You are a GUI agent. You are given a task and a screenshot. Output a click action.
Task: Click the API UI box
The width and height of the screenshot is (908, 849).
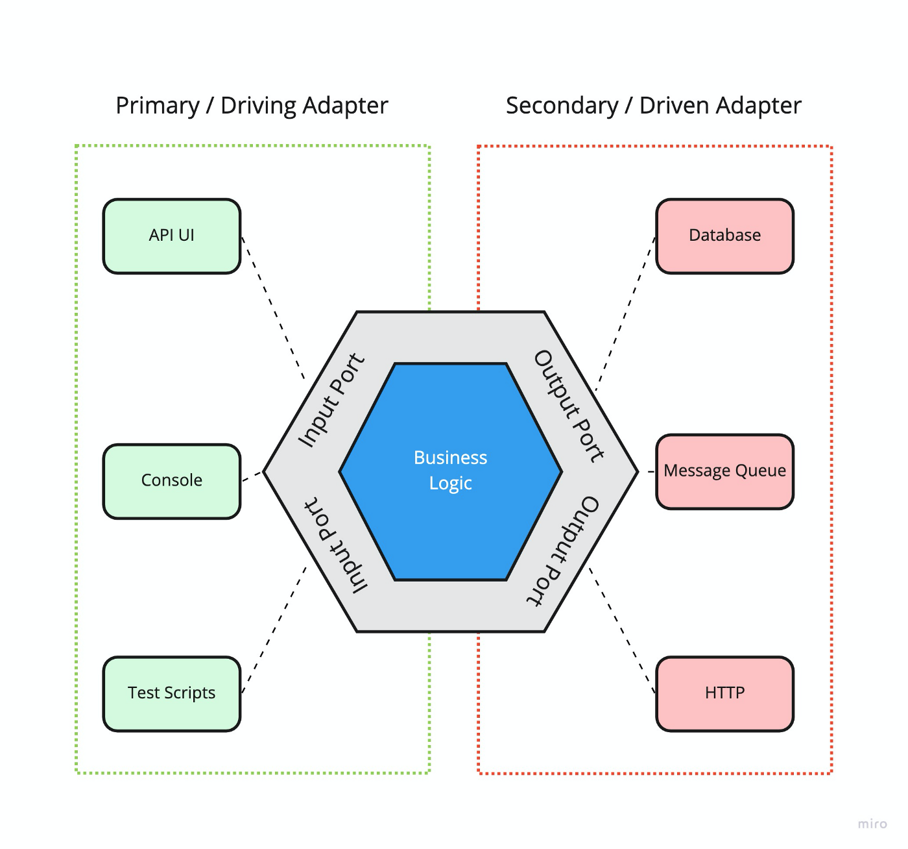click(172, 236)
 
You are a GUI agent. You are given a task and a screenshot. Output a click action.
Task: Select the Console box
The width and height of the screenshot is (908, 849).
click(172, 481)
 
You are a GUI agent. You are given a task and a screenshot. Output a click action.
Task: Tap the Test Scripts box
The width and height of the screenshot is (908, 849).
click(172, 693)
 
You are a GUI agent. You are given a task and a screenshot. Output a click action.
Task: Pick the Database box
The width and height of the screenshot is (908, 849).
click(724, 236)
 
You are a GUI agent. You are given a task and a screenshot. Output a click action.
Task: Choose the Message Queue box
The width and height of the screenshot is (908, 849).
click(724, 471)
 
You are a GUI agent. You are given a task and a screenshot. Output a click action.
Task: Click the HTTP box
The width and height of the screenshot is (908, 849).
click(724, 693)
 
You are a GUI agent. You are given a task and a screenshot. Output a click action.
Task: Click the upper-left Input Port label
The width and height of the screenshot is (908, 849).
click(331, 400)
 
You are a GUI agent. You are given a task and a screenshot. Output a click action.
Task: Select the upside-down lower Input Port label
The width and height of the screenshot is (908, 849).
click(336, 545)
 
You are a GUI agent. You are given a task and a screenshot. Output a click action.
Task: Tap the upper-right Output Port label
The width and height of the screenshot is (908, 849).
click(569, 406)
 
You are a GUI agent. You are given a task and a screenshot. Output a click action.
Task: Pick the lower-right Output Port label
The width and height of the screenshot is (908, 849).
click(562, 552)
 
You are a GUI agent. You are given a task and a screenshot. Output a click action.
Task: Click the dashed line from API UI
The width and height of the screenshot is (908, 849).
click(273, 308)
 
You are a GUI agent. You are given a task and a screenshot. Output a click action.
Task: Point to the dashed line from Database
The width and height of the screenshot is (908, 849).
click(625, 314)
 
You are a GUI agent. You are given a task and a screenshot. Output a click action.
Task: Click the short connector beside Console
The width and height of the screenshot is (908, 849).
click(252, 477)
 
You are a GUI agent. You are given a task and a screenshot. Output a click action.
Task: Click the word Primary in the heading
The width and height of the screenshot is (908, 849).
click(158, 106)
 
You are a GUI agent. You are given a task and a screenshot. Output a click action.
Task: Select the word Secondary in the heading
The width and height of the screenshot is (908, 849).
click(562, 106)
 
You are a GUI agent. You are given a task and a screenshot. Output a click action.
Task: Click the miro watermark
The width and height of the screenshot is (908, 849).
click(872, 824)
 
